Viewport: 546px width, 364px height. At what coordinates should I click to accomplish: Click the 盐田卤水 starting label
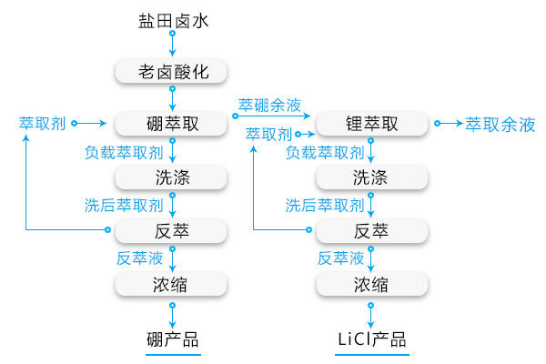pos(172,19)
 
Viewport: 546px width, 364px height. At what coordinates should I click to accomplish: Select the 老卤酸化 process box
pos(171,71)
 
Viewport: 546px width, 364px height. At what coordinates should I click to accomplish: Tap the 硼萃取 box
pos(171,123)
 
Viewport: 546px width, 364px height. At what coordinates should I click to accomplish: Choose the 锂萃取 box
pos(371,123)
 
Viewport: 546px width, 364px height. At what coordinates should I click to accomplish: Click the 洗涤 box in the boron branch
pos(171,176)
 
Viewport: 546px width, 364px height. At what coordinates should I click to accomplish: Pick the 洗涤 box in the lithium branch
pos(371,176)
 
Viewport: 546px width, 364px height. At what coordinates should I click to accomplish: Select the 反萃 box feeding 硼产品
pos(171,229)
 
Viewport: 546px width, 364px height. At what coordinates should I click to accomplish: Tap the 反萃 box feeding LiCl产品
pos(371,229)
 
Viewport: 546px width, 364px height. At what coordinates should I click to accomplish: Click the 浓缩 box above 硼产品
pos(171,284)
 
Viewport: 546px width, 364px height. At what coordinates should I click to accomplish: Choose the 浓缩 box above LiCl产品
pos(371,284)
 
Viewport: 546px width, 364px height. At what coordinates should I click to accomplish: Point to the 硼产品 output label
pos(172,339)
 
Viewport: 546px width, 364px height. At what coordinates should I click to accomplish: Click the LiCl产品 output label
pos(371,339)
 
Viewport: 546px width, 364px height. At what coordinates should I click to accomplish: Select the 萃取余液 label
pos(500,124)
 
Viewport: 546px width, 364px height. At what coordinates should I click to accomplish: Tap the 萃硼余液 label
pos(270,105)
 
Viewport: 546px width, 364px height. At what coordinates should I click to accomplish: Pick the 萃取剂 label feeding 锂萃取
pos(268,134)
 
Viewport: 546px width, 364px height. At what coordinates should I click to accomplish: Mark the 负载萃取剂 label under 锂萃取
pos(325,153)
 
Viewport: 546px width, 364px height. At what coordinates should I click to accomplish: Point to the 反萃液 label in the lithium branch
pos(340,258)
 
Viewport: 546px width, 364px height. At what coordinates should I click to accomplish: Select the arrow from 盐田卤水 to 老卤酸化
pos(172,45)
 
